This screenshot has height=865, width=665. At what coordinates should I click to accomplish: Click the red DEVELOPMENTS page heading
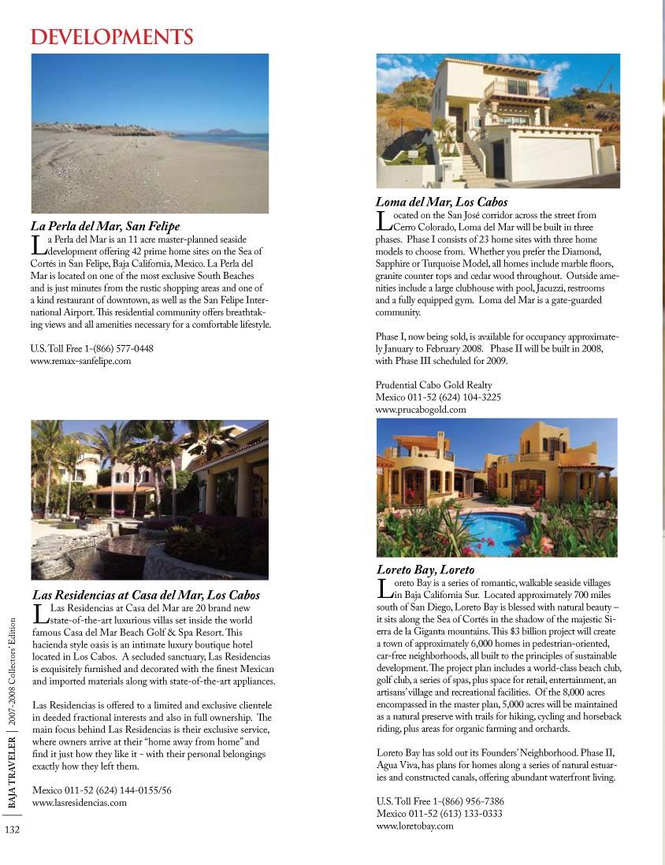click(111, 37)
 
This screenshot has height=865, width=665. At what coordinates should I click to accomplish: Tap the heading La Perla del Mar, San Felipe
click(106, 226)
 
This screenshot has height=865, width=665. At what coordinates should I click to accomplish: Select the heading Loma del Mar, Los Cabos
click(441, 202)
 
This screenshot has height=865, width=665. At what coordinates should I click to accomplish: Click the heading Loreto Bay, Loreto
click(425, 569)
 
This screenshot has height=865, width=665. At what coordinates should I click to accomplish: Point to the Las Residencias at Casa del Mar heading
click(146, 595)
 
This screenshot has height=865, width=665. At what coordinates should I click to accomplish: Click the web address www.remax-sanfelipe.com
click(80, 361)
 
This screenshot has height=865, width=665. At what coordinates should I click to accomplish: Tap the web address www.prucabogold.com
click(421, 410)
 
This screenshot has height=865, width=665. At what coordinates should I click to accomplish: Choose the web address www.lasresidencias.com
click(79, 802)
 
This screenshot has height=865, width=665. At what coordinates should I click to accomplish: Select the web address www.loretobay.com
click(415, 826)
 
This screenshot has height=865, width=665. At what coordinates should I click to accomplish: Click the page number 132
click(12, 829)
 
